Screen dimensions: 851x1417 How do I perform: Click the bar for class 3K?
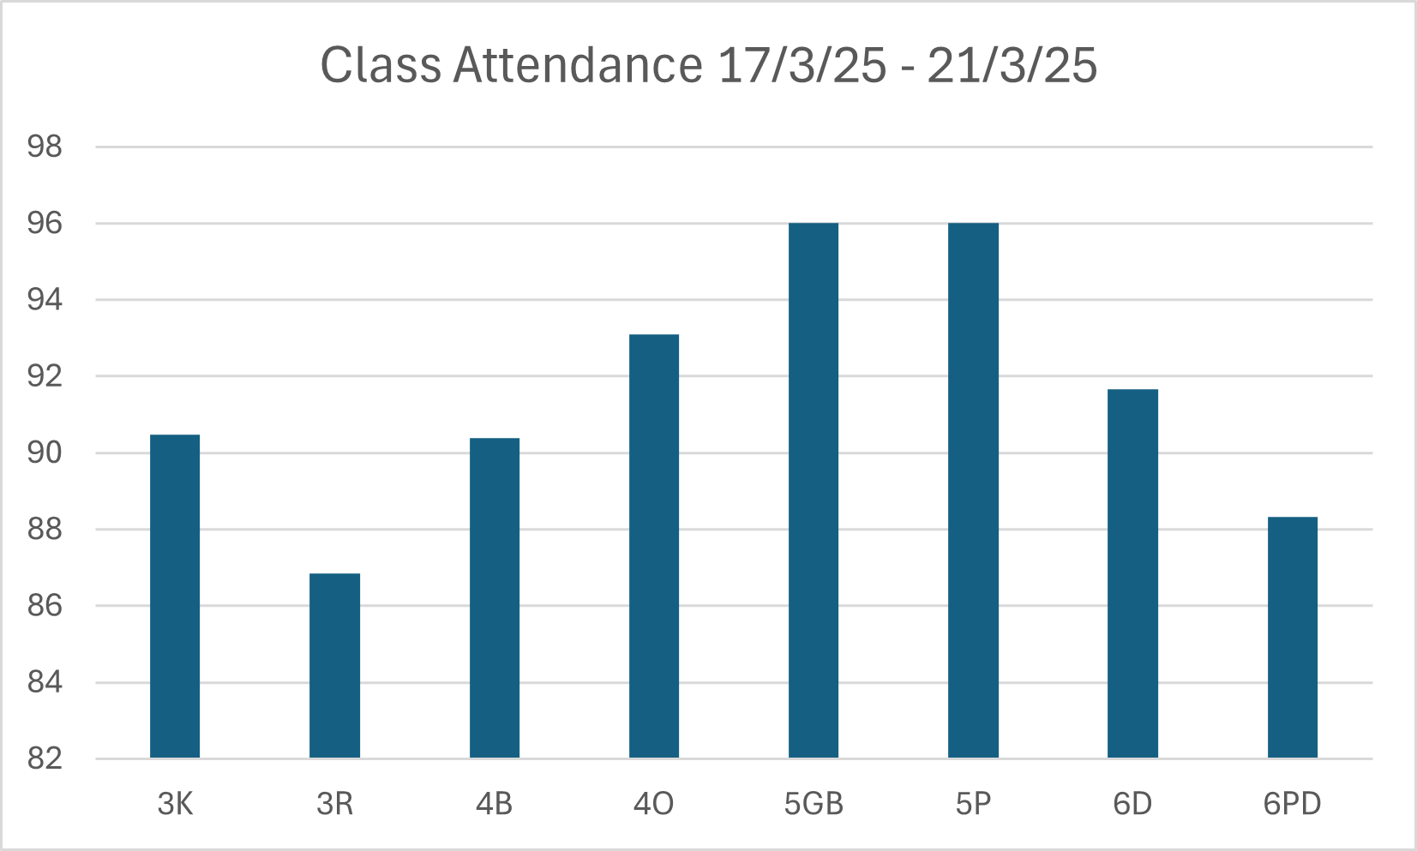(x=175, y=596)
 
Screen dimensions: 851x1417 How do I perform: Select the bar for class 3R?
(x=334, y=666)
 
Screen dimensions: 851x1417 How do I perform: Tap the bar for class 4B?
(x=495, y=598)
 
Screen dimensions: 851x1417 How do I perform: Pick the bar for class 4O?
(x=654, y=546)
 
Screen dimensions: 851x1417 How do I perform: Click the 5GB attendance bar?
(x=814, y=490)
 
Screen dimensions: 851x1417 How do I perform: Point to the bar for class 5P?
(x=973, y=490)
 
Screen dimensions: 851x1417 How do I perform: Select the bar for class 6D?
(x=1132, y=573)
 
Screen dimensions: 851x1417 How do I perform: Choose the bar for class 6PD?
(x=1292, y=638)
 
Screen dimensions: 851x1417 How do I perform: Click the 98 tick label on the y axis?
(x=45, y=147)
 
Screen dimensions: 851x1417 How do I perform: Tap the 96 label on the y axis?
(x=45, y=224)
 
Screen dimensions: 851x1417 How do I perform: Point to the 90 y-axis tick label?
(x=45, y=452)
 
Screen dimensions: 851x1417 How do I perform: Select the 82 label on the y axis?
(x=45, y=758)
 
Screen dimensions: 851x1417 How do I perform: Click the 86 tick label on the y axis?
(x=45, y=606)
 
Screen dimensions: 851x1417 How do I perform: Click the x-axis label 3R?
(x=334, y=804)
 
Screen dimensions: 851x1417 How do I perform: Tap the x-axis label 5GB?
(x=814, y=804)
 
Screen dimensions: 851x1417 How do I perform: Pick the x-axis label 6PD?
(x=1292, y=804)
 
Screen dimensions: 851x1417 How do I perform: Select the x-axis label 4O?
(x=654, y=804)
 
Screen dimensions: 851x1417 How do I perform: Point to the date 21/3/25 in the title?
(x=1012, y=65)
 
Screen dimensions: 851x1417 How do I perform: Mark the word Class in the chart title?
(x=380, y=65)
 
